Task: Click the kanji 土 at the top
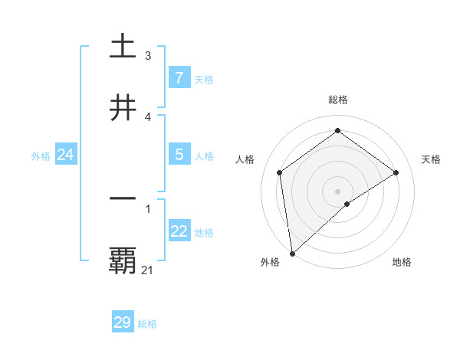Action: click(x=123, y=46)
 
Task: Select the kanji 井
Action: click(x=123, y=107)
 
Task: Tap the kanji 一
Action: click(x=123, y=198)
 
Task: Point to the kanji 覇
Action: click(x=123, y=260)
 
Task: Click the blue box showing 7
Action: click(x=179, y=77)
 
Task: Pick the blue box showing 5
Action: click(x=179, y=155)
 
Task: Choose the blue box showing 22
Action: click(x=179, y=231)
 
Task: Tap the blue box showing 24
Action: click(x=65, y=155)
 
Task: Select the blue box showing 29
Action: click(x=123, y=322)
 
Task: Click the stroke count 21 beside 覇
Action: click(x=148, y=270)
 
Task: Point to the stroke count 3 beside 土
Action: click(x=147, y=55)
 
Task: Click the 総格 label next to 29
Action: click(x=148, y=324)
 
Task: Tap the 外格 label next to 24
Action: click(x=41, y=156)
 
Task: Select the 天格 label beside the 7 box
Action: click(x=204, y=79)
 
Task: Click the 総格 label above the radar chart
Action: click(x=338, y=100)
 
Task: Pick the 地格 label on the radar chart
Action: click(x=402, y=262)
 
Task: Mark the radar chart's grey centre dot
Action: click(x=337, y=191)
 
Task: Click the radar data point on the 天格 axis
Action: click(x=396, y=172)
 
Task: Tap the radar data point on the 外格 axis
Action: click(x=291, y=254)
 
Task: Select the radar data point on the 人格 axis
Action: click(x=280, y=172)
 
